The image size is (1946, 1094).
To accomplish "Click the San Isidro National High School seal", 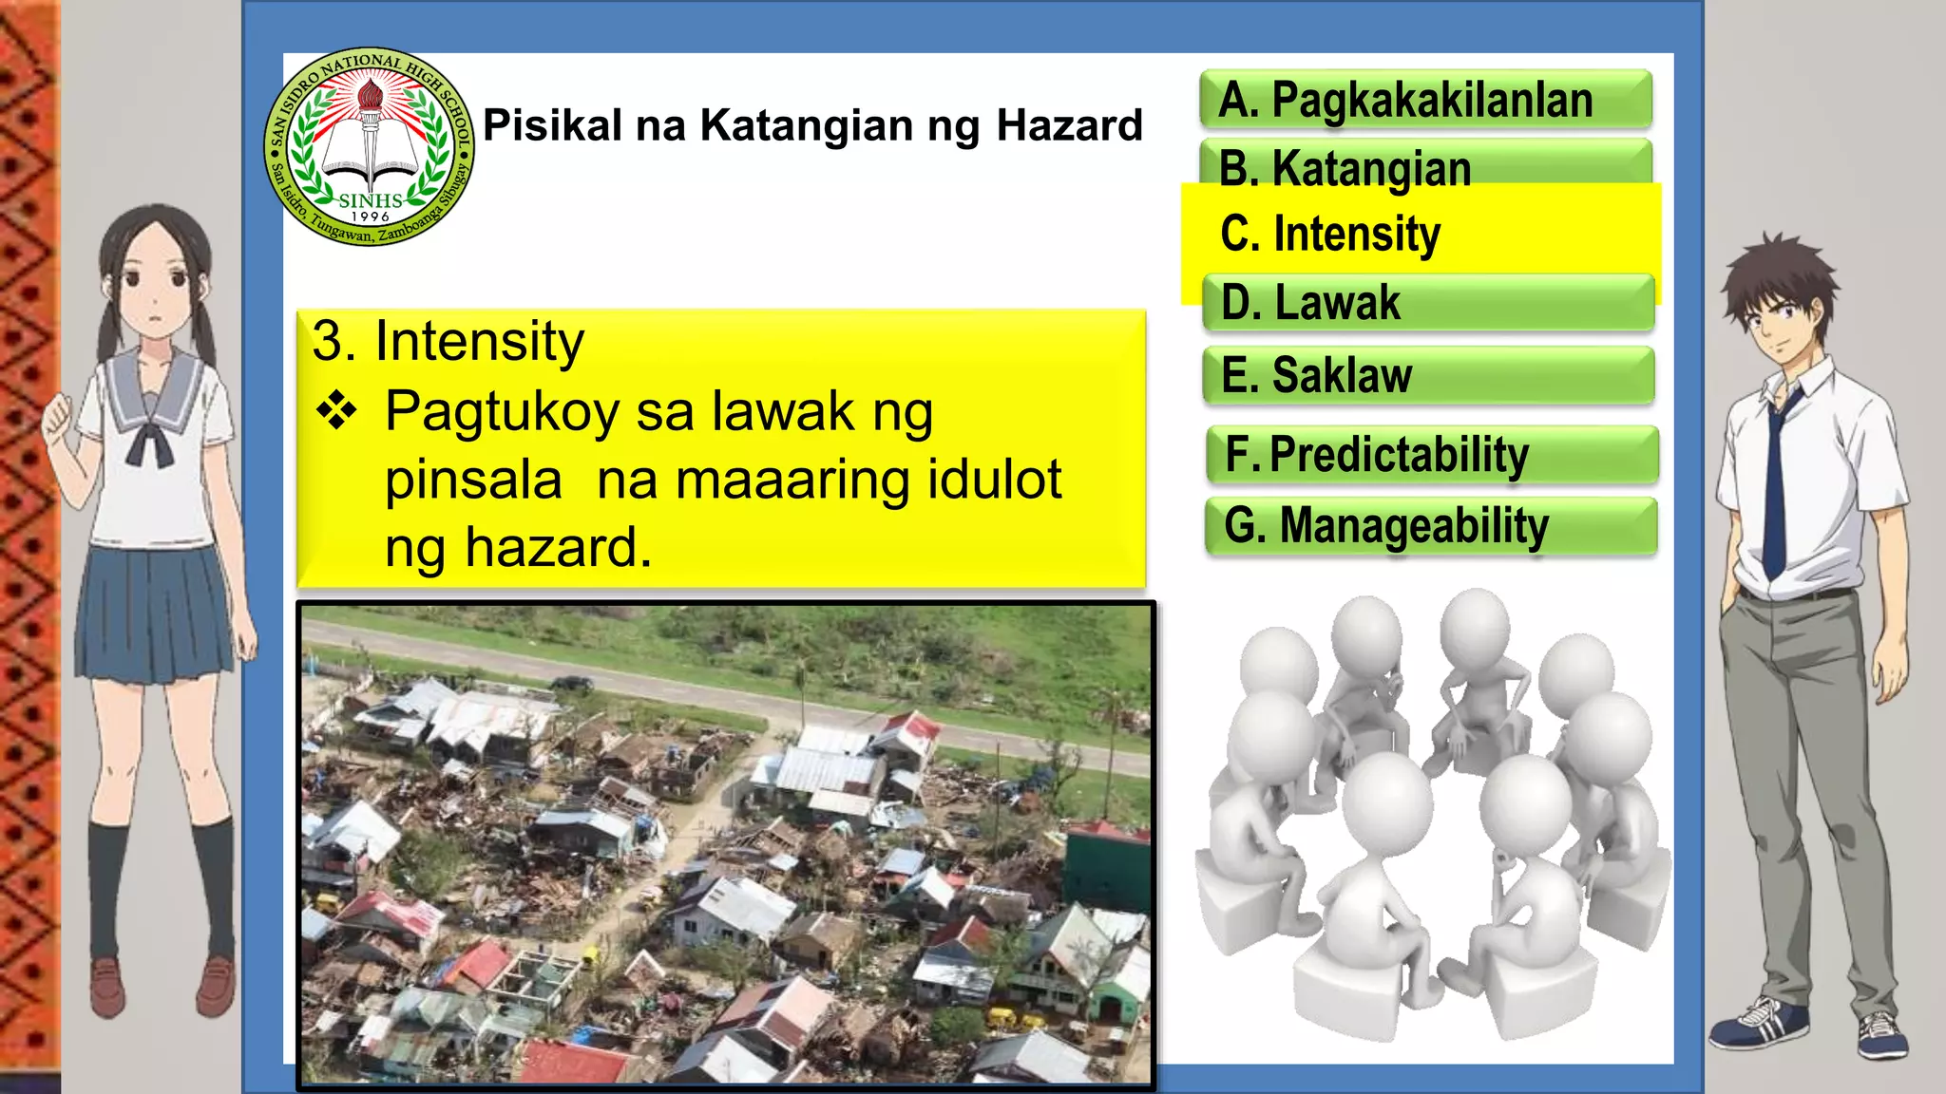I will [x=370, y=146].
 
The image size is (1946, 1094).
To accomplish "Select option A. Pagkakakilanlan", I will [x=1425, y=99].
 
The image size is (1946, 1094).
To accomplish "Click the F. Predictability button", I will [x=1431, y=454].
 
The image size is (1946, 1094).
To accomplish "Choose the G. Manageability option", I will [x=1431, y=526].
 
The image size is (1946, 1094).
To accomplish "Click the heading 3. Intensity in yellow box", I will [x=448, y=341].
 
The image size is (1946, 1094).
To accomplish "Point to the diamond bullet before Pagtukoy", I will [x=336, y=412].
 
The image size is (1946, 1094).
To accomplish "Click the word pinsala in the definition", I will [x=473, y=480].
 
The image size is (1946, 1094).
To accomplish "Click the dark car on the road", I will [x=572, y=682].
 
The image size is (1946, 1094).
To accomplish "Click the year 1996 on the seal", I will [x=370, y=217].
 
